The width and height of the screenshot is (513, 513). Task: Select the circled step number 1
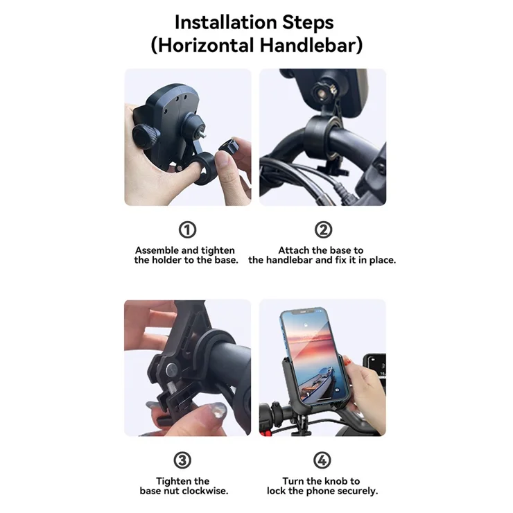point(187,229)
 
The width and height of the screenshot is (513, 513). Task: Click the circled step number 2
point(323,229)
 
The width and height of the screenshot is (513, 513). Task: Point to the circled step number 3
point(182,460)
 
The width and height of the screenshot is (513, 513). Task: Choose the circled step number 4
point(322,460)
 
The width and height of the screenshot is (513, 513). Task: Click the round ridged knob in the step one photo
point(146,137)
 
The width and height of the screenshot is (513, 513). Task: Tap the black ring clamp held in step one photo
point(205,168)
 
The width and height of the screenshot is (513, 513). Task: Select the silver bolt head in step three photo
point(172,370)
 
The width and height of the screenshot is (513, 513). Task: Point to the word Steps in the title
point(308,23)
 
